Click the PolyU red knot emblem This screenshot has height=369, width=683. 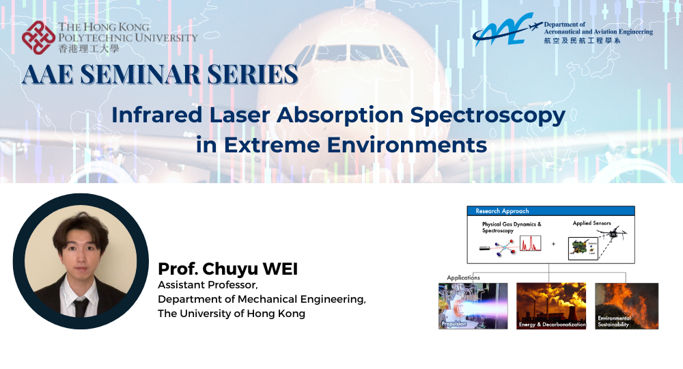[38, 38]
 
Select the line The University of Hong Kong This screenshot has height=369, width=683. [232, 313]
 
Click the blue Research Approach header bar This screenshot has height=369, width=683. [550, 210]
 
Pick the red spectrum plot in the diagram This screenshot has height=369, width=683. [530, 243]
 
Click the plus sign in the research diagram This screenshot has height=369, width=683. [553, 243]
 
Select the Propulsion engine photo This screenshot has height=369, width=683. [473, 305]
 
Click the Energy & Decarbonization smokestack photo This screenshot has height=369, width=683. [551, 305]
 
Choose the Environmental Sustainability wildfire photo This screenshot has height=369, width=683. [626, 305]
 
